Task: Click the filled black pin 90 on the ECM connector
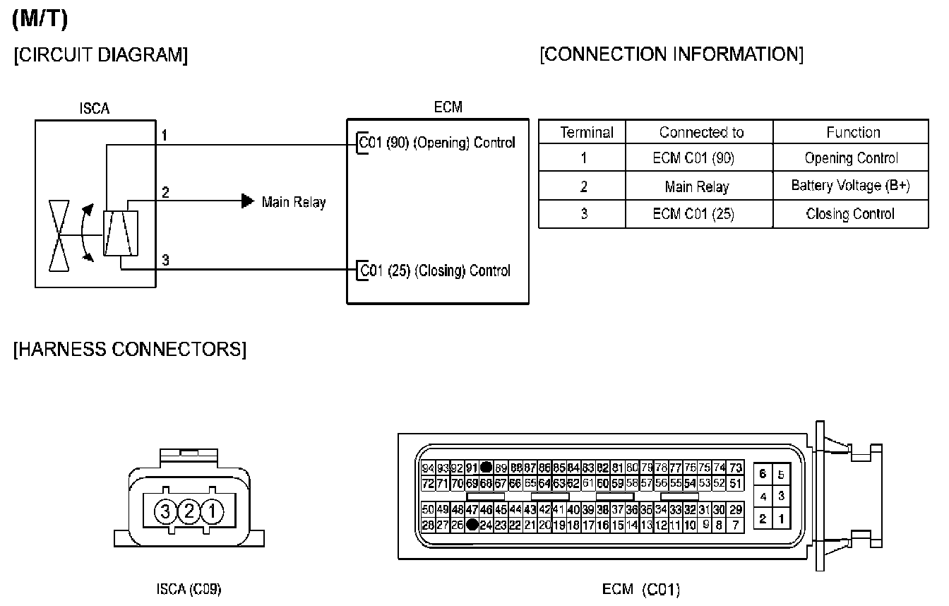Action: click(486, 467)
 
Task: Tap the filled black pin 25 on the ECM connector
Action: click(472, 525)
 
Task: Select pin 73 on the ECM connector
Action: click(735, 468)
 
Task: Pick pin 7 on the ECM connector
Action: click(735, 525)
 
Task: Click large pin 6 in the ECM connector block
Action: click(763, 475)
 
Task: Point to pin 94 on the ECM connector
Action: click(428, 468)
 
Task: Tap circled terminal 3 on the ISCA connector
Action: click(167, 511)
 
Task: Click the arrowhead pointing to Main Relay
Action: click(248, 201)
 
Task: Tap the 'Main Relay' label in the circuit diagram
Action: click(294, 202)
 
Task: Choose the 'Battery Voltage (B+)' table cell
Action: click(850, 186)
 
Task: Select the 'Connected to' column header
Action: click(701, 132)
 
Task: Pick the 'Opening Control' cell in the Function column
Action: click(851, 158)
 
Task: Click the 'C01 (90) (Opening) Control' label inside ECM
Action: click(437, 142)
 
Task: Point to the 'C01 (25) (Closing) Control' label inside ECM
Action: click(435, 271)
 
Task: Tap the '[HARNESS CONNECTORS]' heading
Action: click(130, 350)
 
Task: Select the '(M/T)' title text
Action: click(40, 20)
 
